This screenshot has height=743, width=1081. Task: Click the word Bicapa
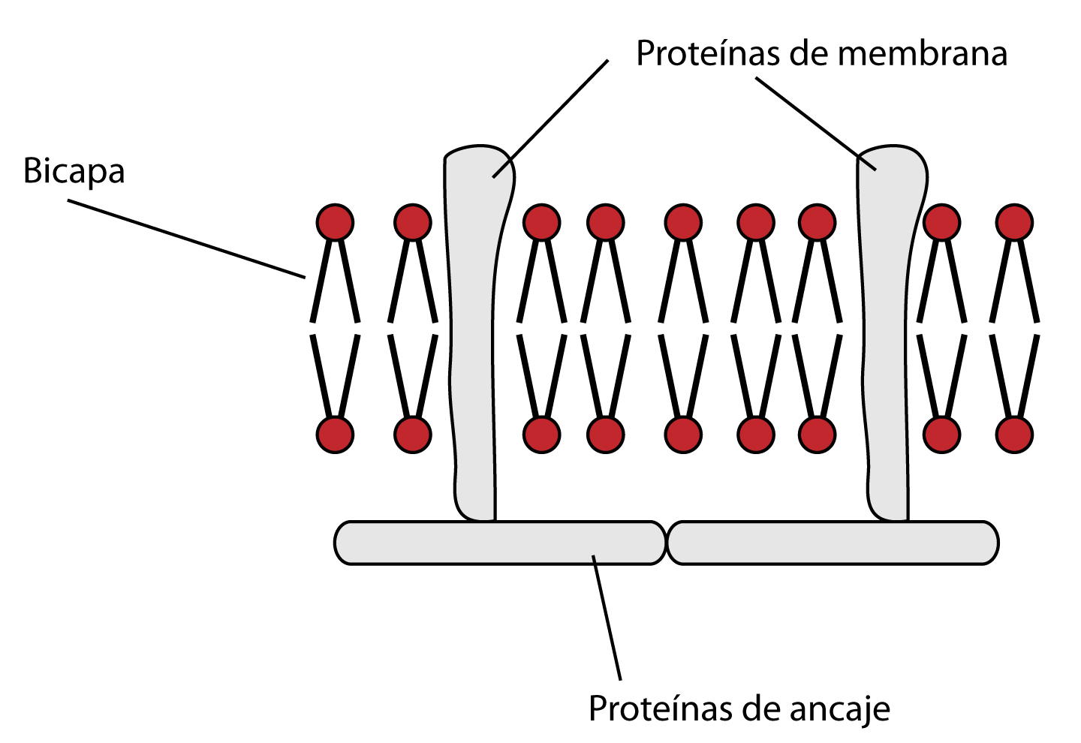tap(74, 172)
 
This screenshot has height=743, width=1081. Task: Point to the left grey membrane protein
tap(473, 338)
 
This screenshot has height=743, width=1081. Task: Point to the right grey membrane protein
tap(887, 338)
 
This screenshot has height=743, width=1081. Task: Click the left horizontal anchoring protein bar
tap(499, 543)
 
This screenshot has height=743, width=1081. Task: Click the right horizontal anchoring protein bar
tap(832, 543)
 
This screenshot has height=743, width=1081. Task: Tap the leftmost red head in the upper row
tap(335, 222)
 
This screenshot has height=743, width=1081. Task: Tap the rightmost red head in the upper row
tap(1014, 222)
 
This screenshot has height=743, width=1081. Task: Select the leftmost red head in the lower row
tap(335, 435)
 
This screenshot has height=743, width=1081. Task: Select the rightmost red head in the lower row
tap(1014, 435)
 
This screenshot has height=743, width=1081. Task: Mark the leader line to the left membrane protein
tap(550, 119)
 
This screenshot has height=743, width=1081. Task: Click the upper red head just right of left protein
tap(541, 222)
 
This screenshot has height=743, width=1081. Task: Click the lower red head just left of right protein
tap(817, 435)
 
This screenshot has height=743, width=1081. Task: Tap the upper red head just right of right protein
tap(941, 222)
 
